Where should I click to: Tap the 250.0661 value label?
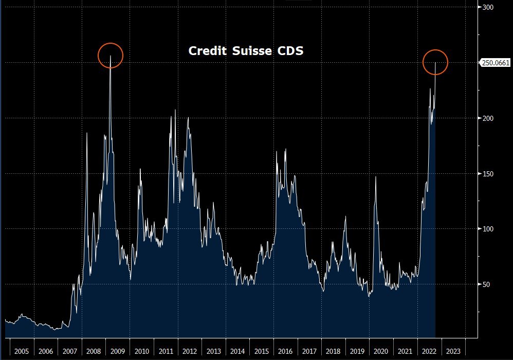[494, 63]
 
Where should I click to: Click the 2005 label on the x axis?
[21, 351]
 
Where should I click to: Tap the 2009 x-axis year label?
[117, 351]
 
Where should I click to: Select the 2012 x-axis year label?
[189, 351]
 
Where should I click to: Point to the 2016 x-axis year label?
[285, 351]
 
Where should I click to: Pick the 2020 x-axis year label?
[381, 351]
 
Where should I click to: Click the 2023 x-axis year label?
[453, 351]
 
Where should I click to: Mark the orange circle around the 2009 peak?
[111, 56]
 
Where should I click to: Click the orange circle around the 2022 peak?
[435, 62]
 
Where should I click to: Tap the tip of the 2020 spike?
[376, 177]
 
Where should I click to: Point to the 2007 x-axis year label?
[69, 351]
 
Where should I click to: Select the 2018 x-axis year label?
[333, 351]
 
